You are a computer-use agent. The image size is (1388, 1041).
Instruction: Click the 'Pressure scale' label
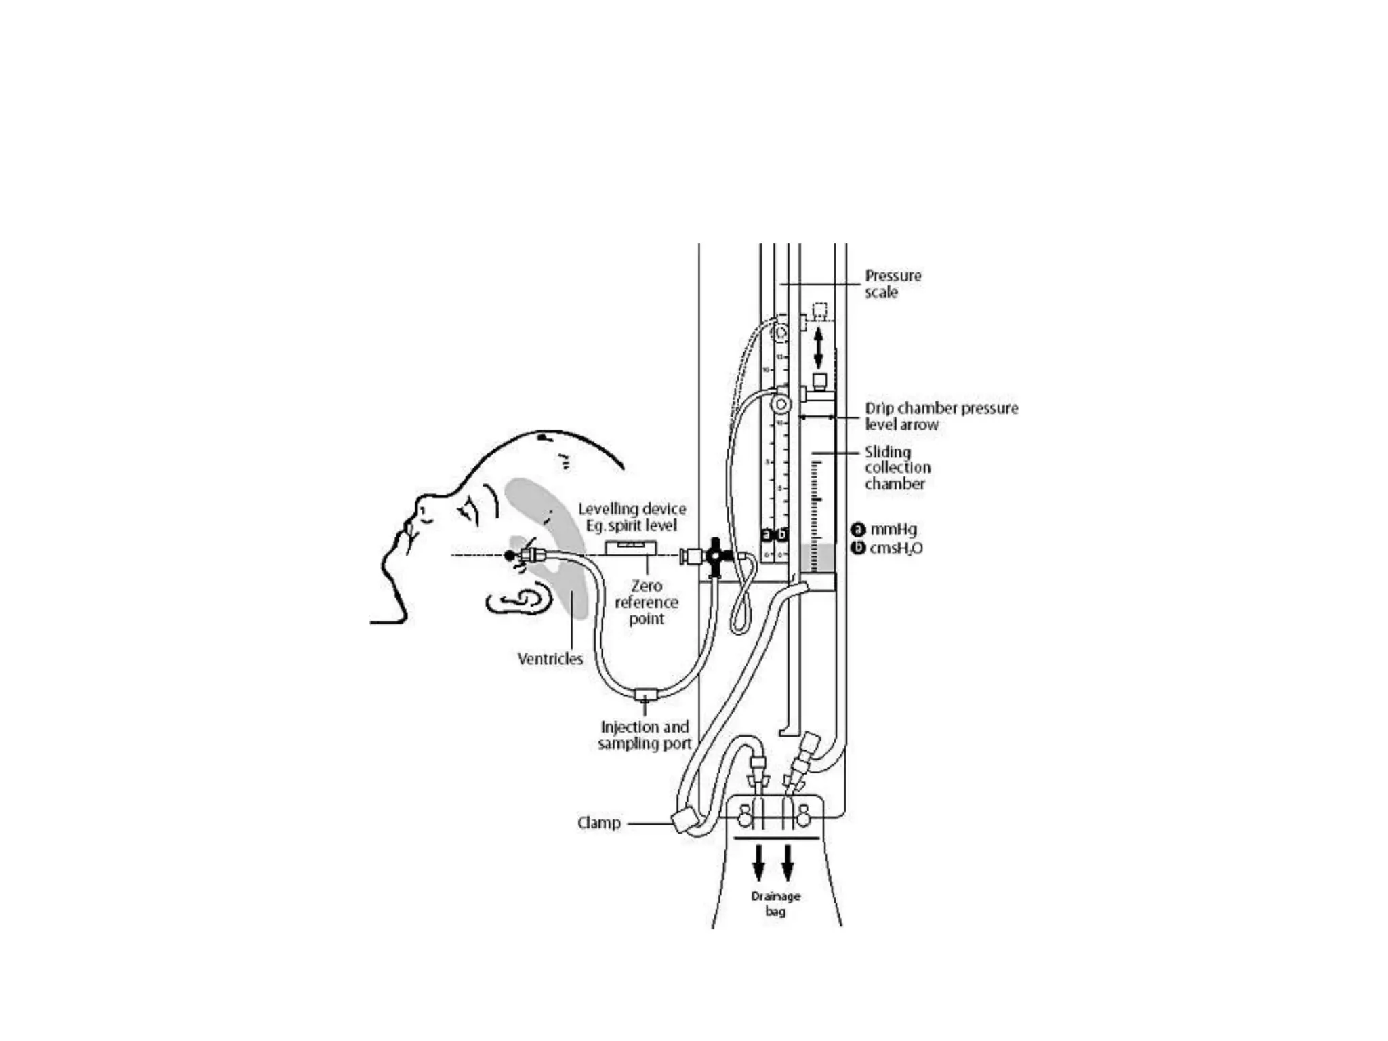pos(893,284)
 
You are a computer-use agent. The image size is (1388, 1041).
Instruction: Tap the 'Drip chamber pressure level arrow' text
pos(941,416)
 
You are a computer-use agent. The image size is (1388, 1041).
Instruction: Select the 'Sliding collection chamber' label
pos(897,468)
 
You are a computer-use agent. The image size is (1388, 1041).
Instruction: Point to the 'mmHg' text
pos(893,529)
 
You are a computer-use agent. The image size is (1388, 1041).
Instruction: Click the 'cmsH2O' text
pos(895,548)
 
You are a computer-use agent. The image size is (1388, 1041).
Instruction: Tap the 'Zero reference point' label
pos(646,602)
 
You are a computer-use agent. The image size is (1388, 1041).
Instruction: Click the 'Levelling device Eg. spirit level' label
pos(632,516)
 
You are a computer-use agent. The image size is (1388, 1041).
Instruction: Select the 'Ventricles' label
pos(550,659)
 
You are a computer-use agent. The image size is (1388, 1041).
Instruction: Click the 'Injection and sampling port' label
pos(645,735)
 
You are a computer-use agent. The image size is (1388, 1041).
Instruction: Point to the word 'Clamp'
pos(598,823)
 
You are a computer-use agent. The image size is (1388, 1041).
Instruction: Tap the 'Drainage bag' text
pos(775,903)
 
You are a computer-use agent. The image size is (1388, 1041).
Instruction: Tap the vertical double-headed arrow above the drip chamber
pos(818,348)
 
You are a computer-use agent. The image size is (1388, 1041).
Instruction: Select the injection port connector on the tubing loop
pos(645,695)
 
